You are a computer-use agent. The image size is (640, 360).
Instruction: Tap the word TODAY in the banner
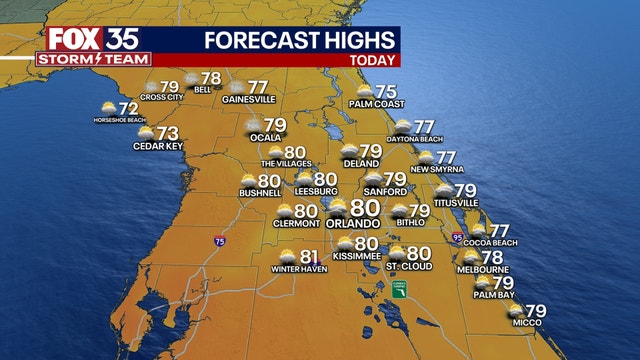(x=371, y=60)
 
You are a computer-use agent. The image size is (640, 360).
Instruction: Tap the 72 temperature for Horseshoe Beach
(x=128, y=108)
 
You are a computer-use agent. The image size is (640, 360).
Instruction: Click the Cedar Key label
(x=155, y=146)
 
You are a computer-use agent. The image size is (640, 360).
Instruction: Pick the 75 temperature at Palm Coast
(x=385, y=92)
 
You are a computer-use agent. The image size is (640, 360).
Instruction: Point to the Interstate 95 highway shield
(x=457, y=238)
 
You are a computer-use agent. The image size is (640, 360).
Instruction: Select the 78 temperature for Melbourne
(x=492, y=257)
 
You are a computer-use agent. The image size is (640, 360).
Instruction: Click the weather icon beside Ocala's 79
(x=255, y=126)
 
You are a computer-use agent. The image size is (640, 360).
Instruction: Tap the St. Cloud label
(x=408, y=267)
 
